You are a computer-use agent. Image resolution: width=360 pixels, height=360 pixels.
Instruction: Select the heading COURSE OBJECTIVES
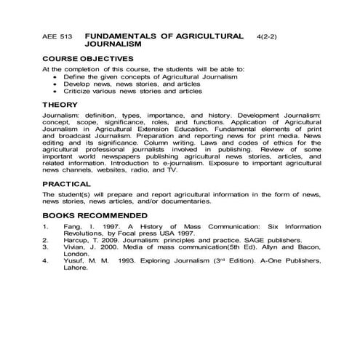point(87,58)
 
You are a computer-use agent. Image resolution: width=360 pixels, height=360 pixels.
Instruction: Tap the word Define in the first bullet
point(76,76)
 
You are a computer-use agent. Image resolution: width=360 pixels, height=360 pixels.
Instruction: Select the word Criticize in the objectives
point(81,91)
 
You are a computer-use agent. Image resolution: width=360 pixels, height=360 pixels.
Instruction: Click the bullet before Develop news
point(55,84)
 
